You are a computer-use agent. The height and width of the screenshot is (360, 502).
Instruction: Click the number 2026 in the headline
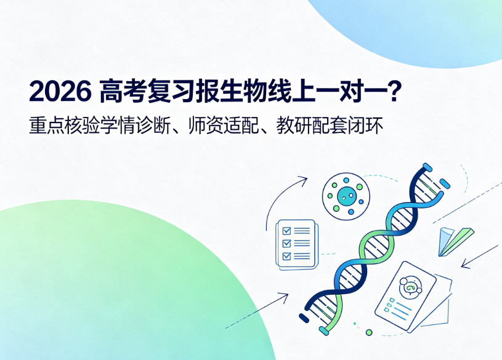(60, 92)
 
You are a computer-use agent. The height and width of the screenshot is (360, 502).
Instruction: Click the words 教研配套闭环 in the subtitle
(330, 126)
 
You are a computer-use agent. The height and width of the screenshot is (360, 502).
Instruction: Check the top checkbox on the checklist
(286, 231)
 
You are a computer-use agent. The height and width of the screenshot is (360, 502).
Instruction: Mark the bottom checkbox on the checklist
(286, 255)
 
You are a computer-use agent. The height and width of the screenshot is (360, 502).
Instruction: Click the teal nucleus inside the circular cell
(346, 196)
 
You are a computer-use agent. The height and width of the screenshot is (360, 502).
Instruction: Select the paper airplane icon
(456, 241)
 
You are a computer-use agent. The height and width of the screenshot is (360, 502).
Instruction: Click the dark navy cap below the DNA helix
(304, 318)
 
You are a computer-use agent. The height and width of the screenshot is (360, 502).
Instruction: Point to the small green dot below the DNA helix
(369, 332)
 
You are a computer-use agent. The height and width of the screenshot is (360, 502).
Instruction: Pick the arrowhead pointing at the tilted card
(465, 265)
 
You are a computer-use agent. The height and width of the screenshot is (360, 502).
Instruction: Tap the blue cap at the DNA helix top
(427, 167)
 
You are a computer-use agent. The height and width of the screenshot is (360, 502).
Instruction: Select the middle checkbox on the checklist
(286, 243)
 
